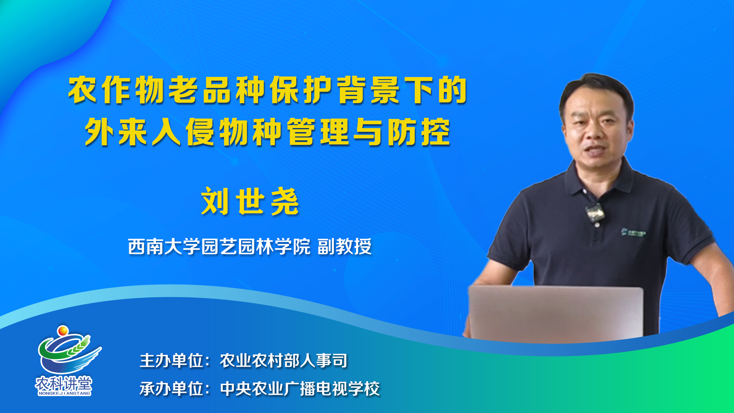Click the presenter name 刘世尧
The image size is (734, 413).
(x=250, y=202)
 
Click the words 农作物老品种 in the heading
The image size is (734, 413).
(x=167, y=90)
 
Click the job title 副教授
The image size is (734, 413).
(x=344, y=246)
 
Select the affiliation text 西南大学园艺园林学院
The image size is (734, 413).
(x=219, y=246)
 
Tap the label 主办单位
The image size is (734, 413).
(x=171, y=361)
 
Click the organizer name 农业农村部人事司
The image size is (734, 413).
(x=284, y=361)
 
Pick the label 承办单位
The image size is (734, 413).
(x=171, y=389)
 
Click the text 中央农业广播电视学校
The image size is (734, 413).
(x=300, y=389)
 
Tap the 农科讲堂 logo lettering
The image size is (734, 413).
(x=64, y=383)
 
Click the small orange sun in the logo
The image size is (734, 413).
(x=63, y=330)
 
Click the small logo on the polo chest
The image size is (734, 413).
(x=633, y=232)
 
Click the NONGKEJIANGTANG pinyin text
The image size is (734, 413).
(x=64, y=393)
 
